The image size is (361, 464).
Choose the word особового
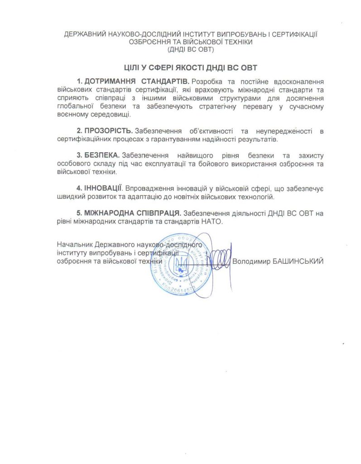pos(75,164)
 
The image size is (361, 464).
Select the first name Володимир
pos(250,261)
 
